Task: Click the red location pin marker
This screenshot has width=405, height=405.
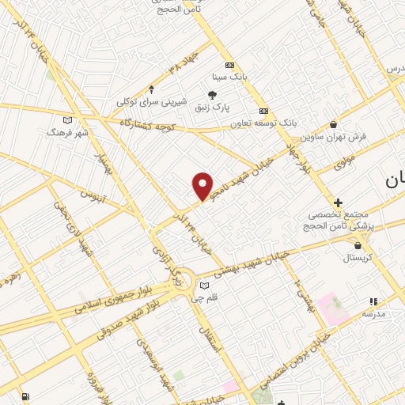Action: tap(203, 186)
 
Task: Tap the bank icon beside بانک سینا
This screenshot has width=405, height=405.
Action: tap(229, 65)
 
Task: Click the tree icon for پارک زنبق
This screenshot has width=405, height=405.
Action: tap(211, 95)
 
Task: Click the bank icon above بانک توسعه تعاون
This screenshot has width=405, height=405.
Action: tap(263, 111)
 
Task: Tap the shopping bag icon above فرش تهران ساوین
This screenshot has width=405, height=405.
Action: tap(333, 124)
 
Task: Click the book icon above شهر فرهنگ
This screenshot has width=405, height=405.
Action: tap(67, 119)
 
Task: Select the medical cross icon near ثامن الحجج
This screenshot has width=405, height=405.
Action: tap(338, 203)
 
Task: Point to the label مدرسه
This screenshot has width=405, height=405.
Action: tap(373, 314)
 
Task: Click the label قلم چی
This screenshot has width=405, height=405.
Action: tap(210, 298)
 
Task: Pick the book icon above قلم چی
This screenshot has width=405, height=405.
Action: tap(205, 286)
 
